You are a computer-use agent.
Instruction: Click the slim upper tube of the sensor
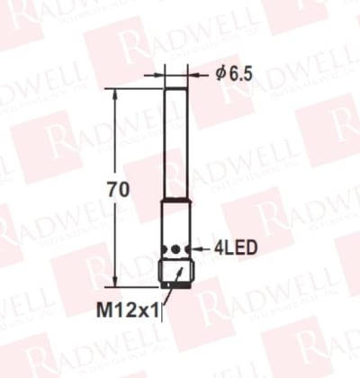[173, 135]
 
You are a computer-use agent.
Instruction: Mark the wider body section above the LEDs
[173, 220]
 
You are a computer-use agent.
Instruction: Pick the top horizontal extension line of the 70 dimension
[135, 88]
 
